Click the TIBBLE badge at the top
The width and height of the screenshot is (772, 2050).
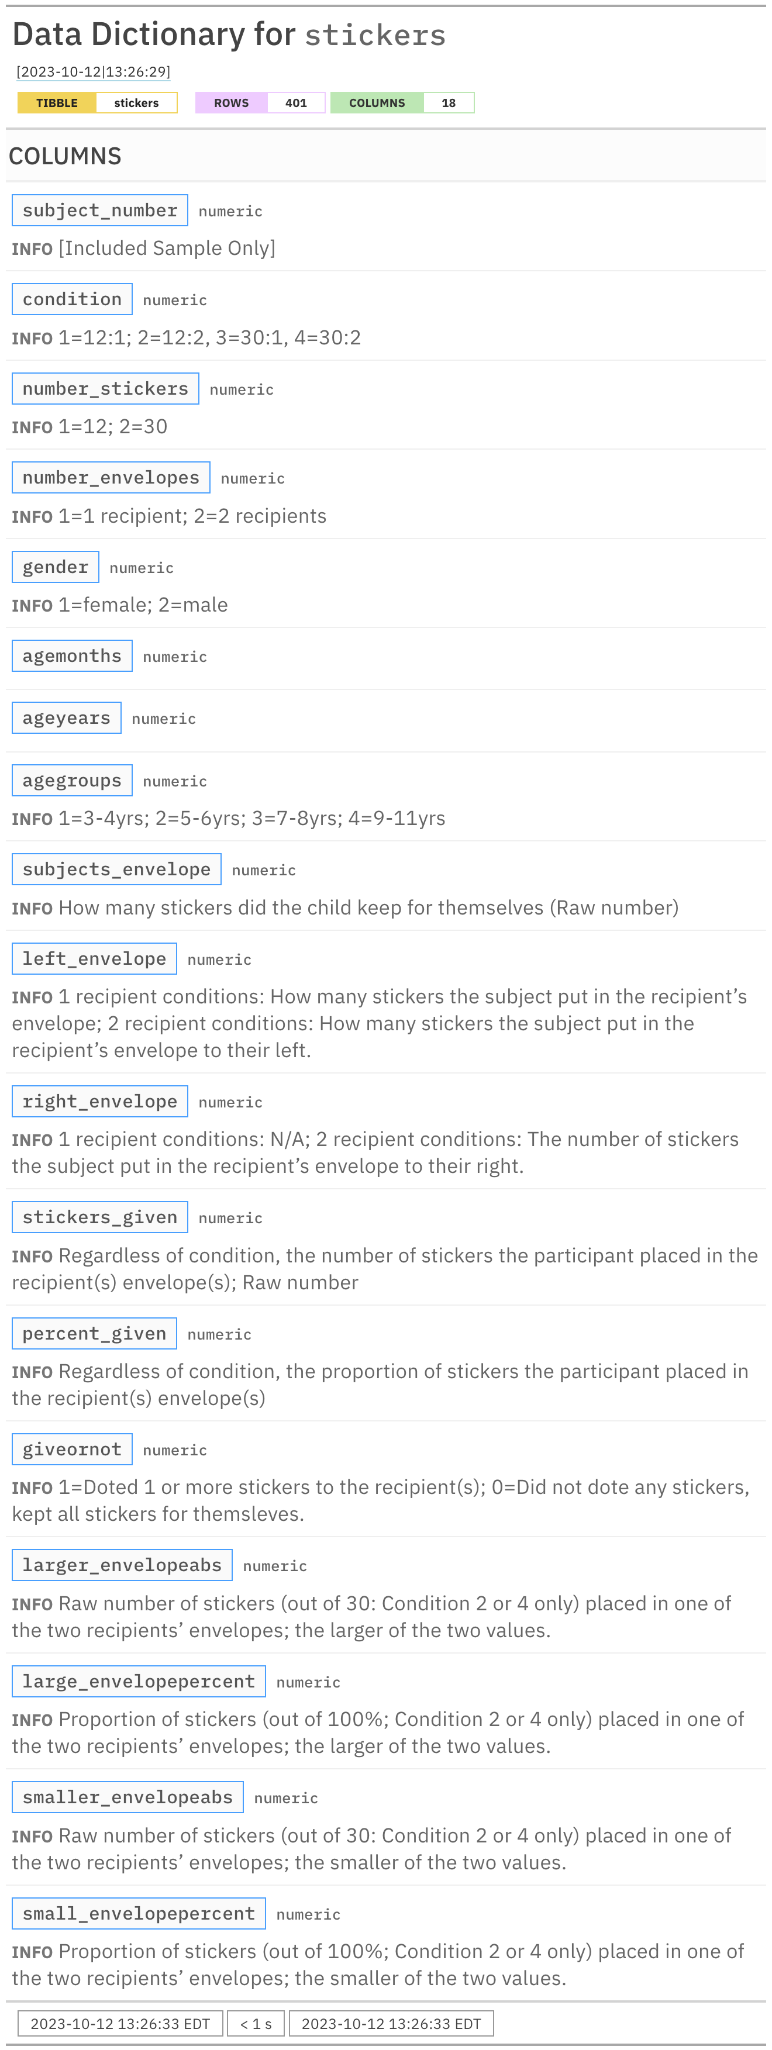click(57, 103)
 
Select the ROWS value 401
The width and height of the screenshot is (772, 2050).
click(295, 103)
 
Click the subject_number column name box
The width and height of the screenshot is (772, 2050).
click(99, 210)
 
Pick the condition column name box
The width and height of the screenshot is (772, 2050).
click(71, 299)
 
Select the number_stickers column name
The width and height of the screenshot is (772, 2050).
click(105, 388)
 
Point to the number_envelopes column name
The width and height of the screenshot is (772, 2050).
click(111, 478)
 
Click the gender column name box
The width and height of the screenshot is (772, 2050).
click(55, 567)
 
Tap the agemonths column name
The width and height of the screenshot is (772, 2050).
click(71, 655)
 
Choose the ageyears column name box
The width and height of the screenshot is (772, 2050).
click(66, 718)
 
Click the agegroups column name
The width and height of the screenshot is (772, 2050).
click(71, 781)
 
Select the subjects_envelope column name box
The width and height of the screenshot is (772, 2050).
click(116, 869)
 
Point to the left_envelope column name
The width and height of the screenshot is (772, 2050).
click(94, 959)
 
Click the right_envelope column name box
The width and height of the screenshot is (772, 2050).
click(99, 1102)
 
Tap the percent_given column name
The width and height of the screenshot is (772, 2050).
click(94, 1334)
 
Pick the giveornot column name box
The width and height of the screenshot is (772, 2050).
click(71, 1449)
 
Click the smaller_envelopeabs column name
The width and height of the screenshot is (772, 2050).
click(127, 1797)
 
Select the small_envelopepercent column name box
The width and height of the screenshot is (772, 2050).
click(139, 1913)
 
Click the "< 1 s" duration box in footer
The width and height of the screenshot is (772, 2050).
click(256, 2024)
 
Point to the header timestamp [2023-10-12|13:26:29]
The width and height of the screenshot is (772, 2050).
click(93, 71)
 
